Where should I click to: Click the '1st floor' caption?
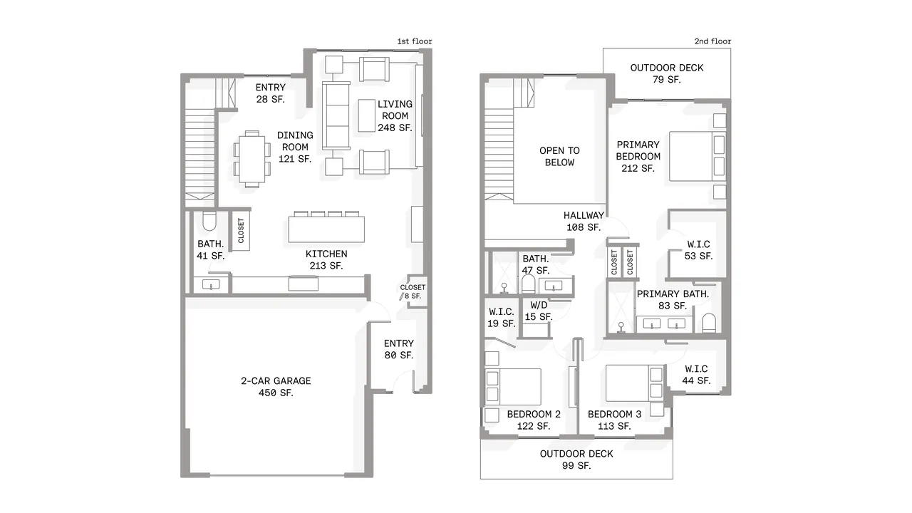(x=415, y=41)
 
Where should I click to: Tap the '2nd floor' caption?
(x=712, y=41)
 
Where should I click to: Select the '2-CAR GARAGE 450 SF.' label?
(x=276, y=387)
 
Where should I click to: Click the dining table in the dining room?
(x=252, y=159)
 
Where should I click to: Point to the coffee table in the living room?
(x=366, y=115)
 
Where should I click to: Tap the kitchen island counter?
(x=326, y=229)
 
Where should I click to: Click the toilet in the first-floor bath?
(x=209, y=221)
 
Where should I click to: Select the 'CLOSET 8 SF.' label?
(x=413, y=291)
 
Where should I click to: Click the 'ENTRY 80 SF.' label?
(x=398, y=349)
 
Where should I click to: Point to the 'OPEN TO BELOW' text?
(x=559, y=156)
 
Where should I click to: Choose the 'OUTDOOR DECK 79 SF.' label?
(x=666, y=73)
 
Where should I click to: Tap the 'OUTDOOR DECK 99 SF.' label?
(x=576, y=460)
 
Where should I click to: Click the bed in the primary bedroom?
(x=698, y=156)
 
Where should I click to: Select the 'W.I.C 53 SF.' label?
(x=698, y=250)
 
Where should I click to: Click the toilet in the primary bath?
(x=709, y=323)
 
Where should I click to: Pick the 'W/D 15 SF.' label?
(x=538, y=311)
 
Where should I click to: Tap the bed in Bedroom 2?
(x=513, y=387)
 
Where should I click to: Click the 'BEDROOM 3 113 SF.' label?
(x=614, y=420)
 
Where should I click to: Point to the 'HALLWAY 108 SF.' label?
(x=584, y=221)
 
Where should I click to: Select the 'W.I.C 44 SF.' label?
(x=696, y=375)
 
